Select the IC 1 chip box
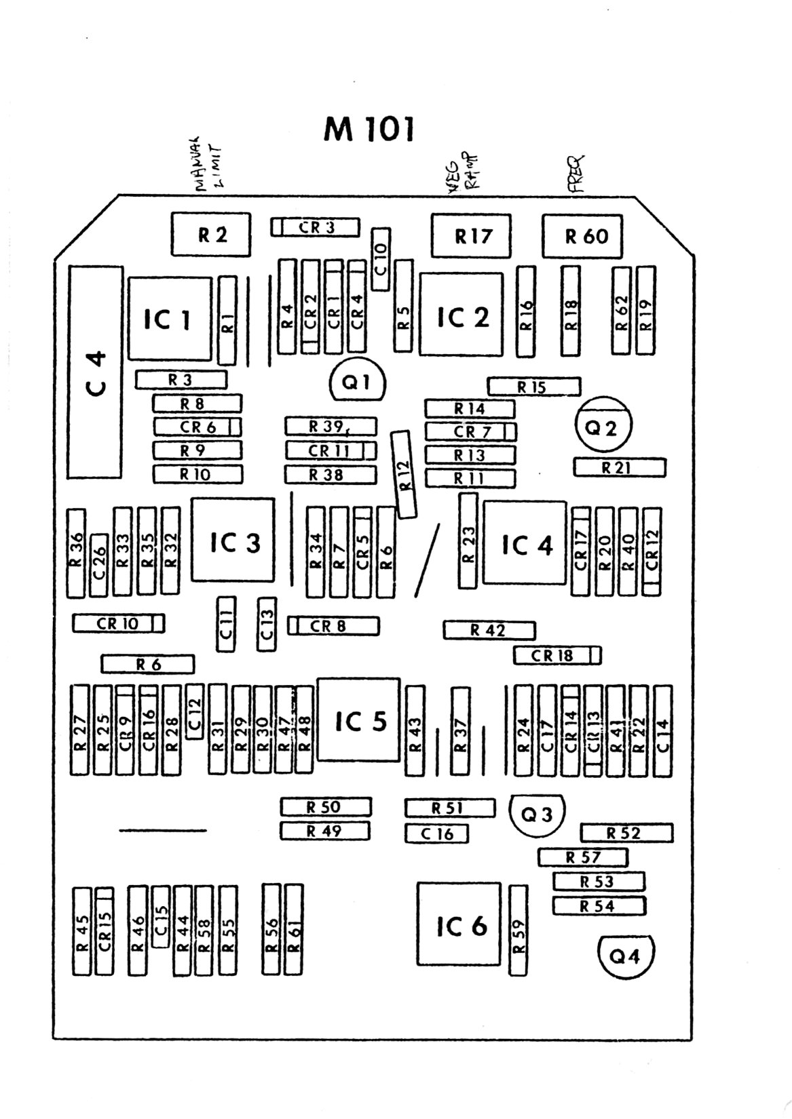(169, 319)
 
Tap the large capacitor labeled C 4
(95, 372)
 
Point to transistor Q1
(357, 382)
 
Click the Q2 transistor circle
(603, 427)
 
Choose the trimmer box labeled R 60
(582, 237)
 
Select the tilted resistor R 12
(404, 474)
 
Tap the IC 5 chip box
(359, 720)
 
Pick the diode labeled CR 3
(315, 227)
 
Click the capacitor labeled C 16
(437, 833)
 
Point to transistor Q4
(624, 956)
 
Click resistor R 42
(489, 630)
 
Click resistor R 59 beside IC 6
(518, 929)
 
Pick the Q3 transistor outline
(537, 814)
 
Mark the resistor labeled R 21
(620, 467)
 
